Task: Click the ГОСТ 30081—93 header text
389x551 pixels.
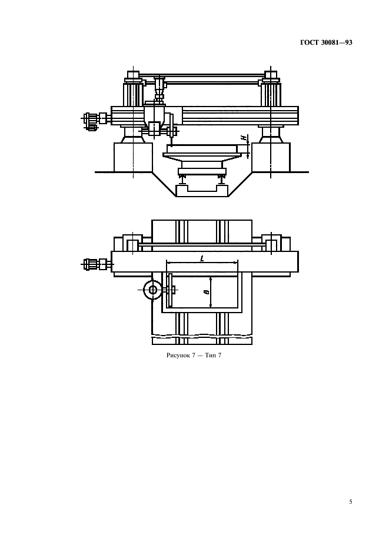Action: [x=326, y=42]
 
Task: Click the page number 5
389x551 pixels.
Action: [x=350, y=502]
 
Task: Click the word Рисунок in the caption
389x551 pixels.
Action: [x=178, y=356]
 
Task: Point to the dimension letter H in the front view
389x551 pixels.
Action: [x=243, y=138]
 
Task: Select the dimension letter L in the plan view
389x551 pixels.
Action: [x=202, y=259]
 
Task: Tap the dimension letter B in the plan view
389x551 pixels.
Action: [x=207, y=291]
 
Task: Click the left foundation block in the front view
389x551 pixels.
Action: [x=133, y=157]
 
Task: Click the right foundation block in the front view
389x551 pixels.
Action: [x=271, y=157]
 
